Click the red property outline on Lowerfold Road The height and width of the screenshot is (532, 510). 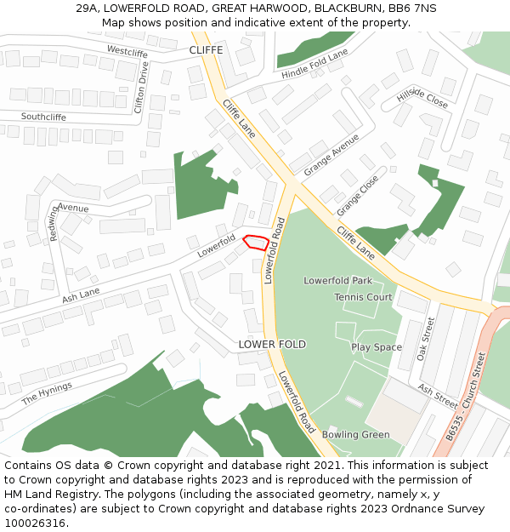point(256,242)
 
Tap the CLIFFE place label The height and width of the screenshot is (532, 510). point(206,50)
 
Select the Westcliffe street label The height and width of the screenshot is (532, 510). point(127,52)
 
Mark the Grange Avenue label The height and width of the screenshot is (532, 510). point(331,154)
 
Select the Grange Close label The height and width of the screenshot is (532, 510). point(357,197)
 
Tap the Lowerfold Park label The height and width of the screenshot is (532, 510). point(338,280)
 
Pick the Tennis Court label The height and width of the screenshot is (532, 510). point(363,297)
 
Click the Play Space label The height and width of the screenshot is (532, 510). point(377,347)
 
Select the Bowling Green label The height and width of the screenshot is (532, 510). point(355,434)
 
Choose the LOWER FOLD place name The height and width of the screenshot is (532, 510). point(272,344)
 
